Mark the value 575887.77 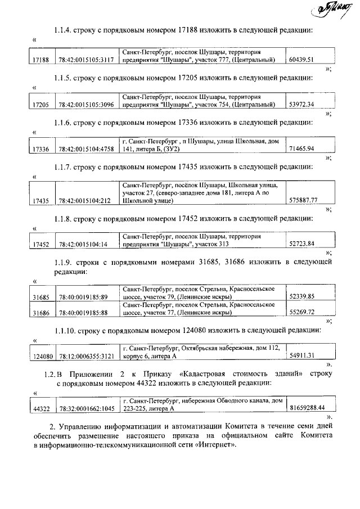[303, 201]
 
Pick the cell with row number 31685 [41, 296]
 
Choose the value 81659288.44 [307, 408]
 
